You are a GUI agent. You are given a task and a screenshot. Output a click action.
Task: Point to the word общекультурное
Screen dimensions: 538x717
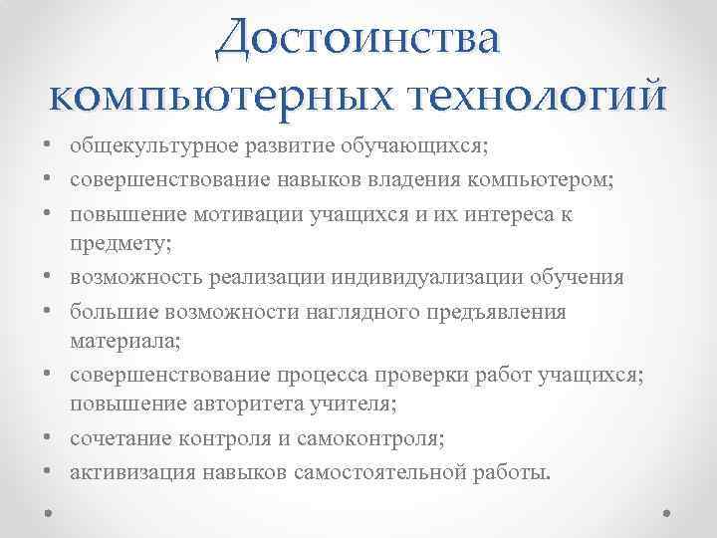coord(140,146)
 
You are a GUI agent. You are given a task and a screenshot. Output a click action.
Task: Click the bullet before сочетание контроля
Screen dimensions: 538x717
coord(49,439)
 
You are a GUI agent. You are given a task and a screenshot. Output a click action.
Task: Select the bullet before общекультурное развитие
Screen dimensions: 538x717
coord(49,147)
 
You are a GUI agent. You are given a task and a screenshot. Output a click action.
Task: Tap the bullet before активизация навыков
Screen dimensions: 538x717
coord(49,472)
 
